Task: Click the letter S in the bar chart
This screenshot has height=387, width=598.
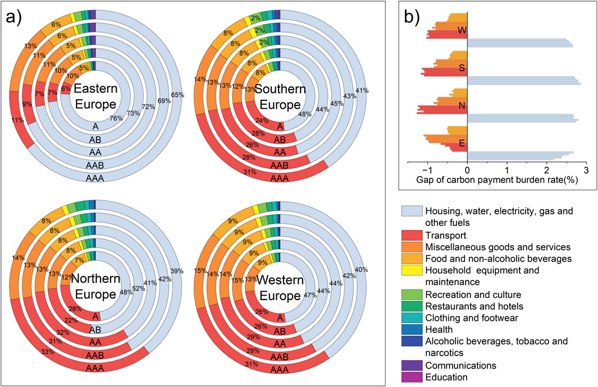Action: tap(461, 68)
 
